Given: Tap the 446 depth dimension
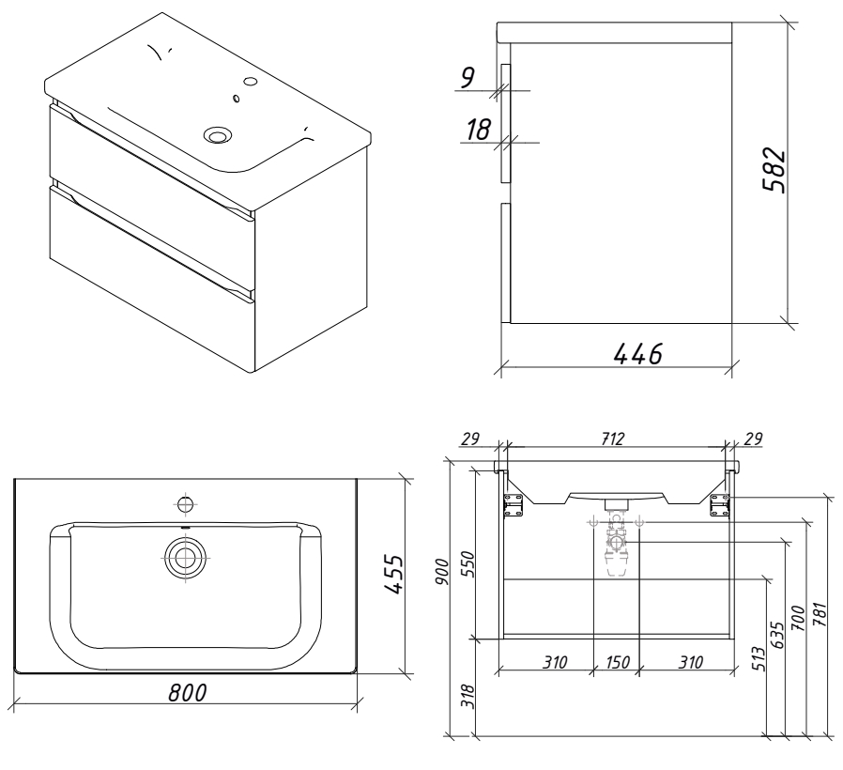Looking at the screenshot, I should tap(637, 355).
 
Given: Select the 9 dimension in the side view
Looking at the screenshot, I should tap(467, 78).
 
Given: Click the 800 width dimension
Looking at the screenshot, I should tap(188, 693).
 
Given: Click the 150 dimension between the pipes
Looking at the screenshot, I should tap(616, 662).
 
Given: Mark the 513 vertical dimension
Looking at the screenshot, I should tap(760, 662).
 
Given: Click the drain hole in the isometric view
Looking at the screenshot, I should tap(218, 135).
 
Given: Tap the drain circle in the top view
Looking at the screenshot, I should tap(185, 556).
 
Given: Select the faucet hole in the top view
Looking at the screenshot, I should tap(185, 503).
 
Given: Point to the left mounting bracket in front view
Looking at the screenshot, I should tap(513, 502).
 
